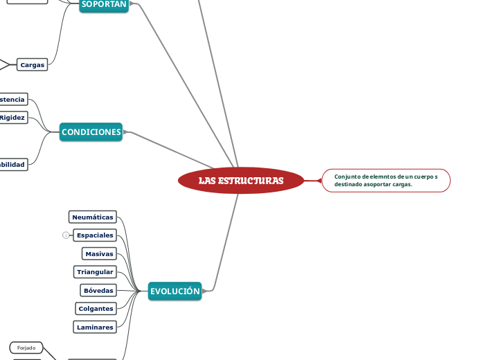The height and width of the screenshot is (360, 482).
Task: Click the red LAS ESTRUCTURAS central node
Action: pyautogui.click(x=240, y=181)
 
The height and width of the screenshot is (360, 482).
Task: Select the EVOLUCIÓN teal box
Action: pyautogui.click(x=175, y=291)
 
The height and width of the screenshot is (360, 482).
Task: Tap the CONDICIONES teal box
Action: pyautogui.click(x=91, y=132)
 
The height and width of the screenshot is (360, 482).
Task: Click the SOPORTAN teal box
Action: pyautogui.click(x=104, y=5)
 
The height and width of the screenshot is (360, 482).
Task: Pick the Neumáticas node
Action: pyautogui.click(x=93, y=217)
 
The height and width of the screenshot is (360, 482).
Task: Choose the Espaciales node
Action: pyautogui.click(x=95, y=235)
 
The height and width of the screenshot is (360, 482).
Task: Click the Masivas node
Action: pyautogui.click(x=99, y=254)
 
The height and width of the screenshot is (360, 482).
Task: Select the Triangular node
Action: pyautogui.click(x=95, y=272)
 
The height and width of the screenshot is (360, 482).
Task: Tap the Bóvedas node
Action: pyautogui.click(x=98, y=290)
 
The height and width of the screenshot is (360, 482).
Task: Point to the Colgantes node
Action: pyautogui.click(x=96, y=309)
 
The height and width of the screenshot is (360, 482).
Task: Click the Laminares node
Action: pyautogui.click(x=95, y=327)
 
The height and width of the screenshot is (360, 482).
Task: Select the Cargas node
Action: pyautogui.click(x=32, y=65)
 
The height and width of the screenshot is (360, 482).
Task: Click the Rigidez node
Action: pyautogui.click(x=12, y=118)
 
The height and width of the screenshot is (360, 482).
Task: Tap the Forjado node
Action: pyautogui.click(x=26, y=348)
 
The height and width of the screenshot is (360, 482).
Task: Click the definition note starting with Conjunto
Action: pyautogui.click(x=386, y=181)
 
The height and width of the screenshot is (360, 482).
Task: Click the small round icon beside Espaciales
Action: pyautogui.click(x=66, y=235)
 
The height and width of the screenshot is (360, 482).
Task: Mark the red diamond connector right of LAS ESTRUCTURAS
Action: pyautogui.click(x=319, y=181)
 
